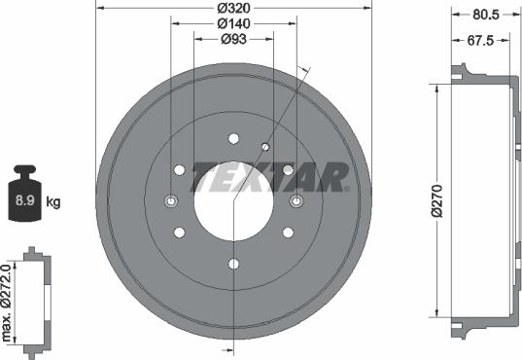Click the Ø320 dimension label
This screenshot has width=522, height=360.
pos(232,7)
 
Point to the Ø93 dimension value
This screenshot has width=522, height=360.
pos(232,39)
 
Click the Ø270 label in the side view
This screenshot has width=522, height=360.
pos(439,199)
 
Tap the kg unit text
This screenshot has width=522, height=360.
pos(54,202)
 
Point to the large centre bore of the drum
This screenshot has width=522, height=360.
pos(232,200)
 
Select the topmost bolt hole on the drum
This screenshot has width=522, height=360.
pos(233,138)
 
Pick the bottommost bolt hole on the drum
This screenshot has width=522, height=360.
pos(233,264)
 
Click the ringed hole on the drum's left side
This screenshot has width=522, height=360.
pos(170,201)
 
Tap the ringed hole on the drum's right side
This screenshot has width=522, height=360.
pos(296,201)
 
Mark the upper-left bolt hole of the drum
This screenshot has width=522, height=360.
pos(179,169)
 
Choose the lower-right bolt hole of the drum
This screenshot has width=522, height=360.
pos(288,233)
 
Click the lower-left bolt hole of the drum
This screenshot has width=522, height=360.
pos(179,233)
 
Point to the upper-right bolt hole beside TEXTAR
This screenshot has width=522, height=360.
pos(288,169)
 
